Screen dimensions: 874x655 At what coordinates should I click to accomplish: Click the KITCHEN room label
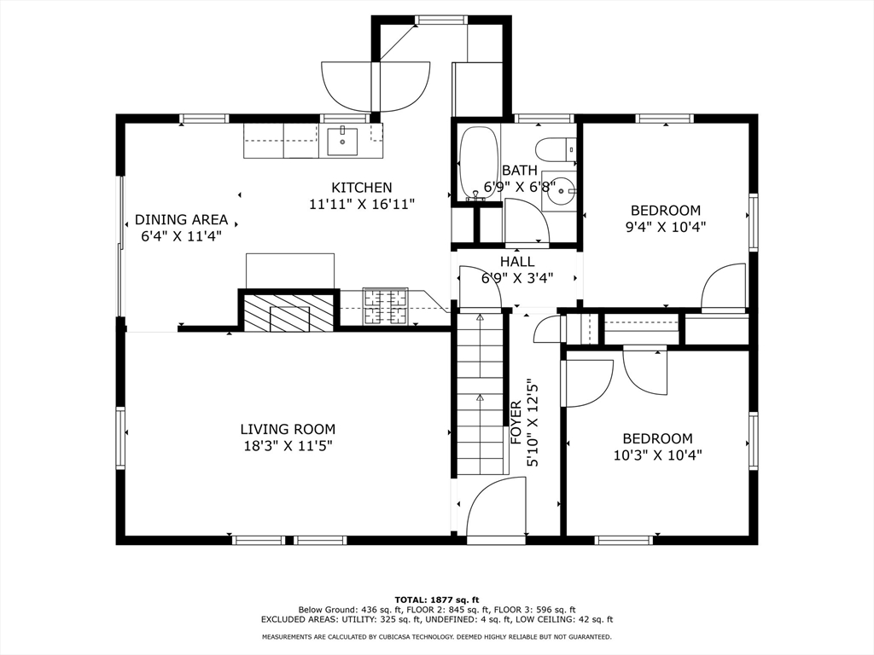(x=362, y=187)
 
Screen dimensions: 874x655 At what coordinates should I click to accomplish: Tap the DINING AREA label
(x=181, y=219)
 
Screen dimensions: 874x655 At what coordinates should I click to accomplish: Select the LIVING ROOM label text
(x=288, y=430)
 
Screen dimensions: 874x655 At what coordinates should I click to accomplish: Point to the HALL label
(x=517, y=261)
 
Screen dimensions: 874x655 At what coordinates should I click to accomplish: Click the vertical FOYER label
(x=516, y=422)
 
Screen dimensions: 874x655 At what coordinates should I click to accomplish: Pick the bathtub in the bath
(x=478, y=163)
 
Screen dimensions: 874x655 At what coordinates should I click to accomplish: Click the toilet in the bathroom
(x=556, y=148)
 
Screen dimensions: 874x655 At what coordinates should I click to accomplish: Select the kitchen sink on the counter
(x=341, y=141)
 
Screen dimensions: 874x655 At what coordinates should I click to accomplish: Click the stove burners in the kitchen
(x=385, y=306)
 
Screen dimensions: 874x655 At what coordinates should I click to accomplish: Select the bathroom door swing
(x=527, y=221)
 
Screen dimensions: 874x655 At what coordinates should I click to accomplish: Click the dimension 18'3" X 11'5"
(x=288, y=445)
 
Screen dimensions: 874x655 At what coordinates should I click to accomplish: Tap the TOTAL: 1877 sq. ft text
(x=437, y=600)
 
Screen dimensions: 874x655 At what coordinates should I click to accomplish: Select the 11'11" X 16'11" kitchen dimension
(x=362, y=204)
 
